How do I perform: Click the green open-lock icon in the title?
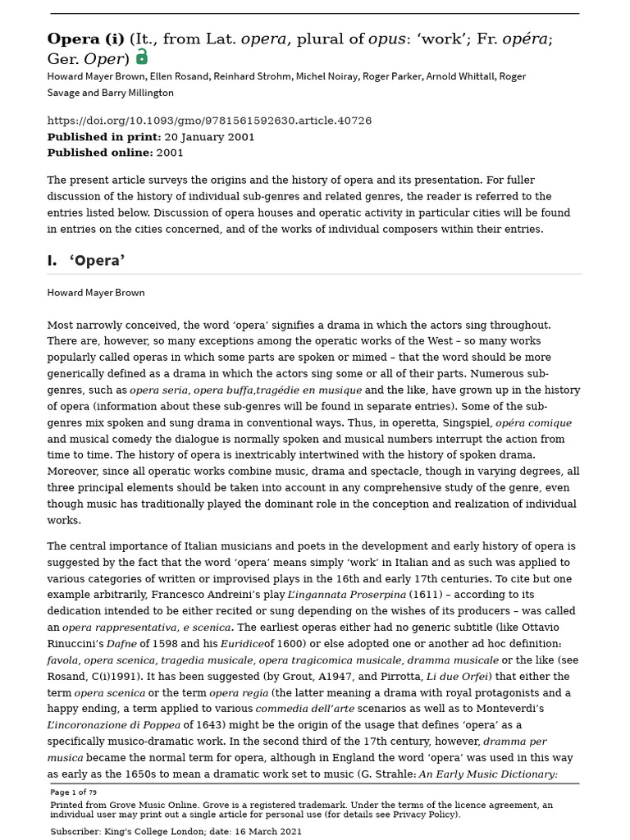[x=142, y=57]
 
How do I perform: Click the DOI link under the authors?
[x=209, y=121]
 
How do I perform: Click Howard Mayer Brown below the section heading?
[x=95, y=292]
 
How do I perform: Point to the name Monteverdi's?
[x=494, y=710]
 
